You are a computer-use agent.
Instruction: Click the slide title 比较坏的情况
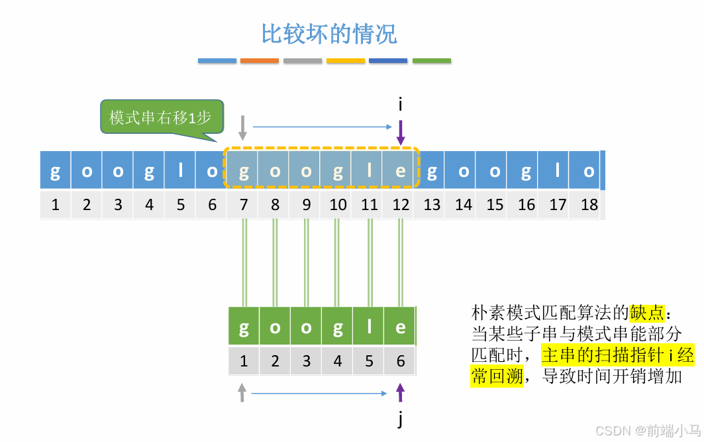(329, 34)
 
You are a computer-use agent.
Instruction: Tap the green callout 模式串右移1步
(161, 118)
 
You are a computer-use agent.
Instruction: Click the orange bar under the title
(260, 60)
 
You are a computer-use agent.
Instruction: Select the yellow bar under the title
(346, 60)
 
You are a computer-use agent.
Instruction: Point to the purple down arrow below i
(401, 132)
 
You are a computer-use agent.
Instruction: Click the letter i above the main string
(401, 104)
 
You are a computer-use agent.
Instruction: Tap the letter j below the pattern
(400, 419)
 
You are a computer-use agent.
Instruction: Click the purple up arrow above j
(400, 394)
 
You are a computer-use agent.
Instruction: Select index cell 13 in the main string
(432, 205)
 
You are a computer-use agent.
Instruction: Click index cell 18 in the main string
(589, 205)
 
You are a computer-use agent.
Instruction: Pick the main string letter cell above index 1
(55, 171)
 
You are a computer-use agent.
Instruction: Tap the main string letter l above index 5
(181, 171)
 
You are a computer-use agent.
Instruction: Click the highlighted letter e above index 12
(400, 171)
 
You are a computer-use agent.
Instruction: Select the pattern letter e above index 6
(400, 327)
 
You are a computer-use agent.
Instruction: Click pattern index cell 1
(244, 361)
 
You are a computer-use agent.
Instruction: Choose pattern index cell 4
(338, 361)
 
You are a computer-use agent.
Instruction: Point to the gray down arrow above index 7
(243, 127)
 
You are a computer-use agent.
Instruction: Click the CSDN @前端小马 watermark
(647, 431)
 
